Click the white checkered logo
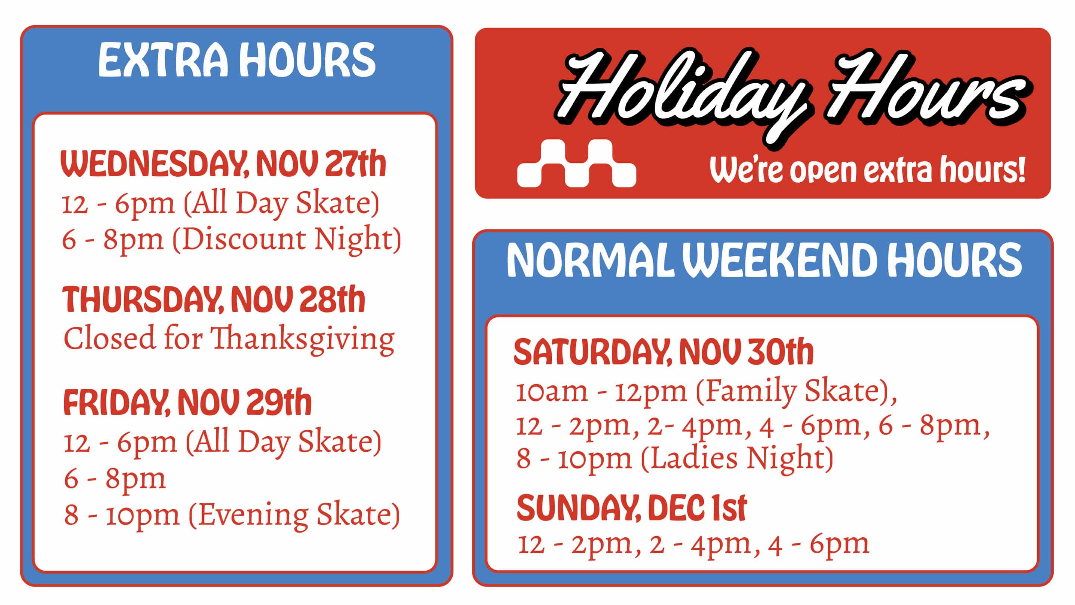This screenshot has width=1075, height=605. [x=577, y=163]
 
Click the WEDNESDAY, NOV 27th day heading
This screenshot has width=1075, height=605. [x=224, y=164]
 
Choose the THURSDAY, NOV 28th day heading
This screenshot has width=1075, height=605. [x=214, y=300]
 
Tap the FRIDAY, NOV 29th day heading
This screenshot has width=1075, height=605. [x=187, y=402]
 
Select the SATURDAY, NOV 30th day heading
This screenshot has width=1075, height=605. [x=664, y=352]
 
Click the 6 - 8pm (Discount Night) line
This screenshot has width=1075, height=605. [x=231, y=239]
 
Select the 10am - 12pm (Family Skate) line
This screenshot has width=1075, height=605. [x=706, y=392]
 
